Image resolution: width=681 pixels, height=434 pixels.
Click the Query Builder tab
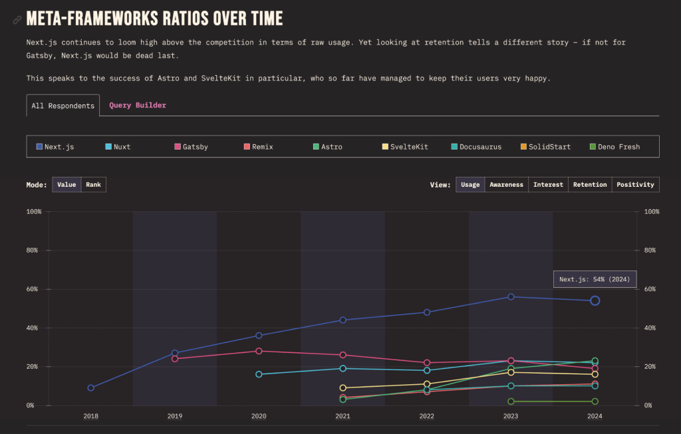pyautogui.click(x=138, y=105)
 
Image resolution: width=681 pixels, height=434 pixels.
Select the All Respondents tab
pyautogui.click(x=63, y=106)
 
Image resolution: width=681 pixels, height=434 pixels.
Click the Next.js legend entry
pyautogui.click(x=55, y=147)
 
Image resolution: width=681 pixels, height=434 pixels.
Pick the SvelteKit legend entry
pyautogui.click(x=406, y=147)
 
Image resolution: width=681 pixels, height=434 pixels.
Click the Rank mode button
pyautogui.click(x=94, y=185)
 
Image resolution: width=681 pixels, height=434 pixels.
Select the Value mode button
pyautogui.click(x=67, y=185)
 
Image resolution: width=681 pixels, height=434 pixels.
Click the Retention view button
pyautogui.click(x=589, y=185)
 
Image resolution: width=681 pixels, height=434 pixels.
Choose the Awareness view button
pyautogui.click(x=506, y=185)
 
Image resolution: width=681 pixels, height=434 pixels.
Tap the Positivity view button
pyautogui.click(x=635, y=185)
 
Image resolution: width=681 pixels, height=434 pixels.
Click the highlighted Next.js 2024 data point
pyautogui.click(x=595, y=300)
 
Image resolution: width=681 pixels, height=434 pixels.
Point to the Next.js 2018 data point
pyautogui.click(x=91, y=387)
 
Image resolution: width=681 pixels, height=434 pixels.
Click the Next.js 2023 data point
pyautogui.click(x=511, y=296)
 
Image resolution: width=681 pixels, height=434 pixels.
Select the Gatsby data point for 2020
pyautogui.click(x=259, y=351)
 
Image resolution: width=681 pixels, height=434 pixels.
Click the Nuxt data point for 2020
pyautogui.click(x=259, y=374)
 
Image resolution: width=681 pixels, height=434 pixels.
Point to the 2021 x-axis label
pyautogui.click(x=342, y=416)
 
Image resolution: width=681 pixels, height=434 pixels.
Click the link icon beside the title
pyautogui.click(x=17, y=20)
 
